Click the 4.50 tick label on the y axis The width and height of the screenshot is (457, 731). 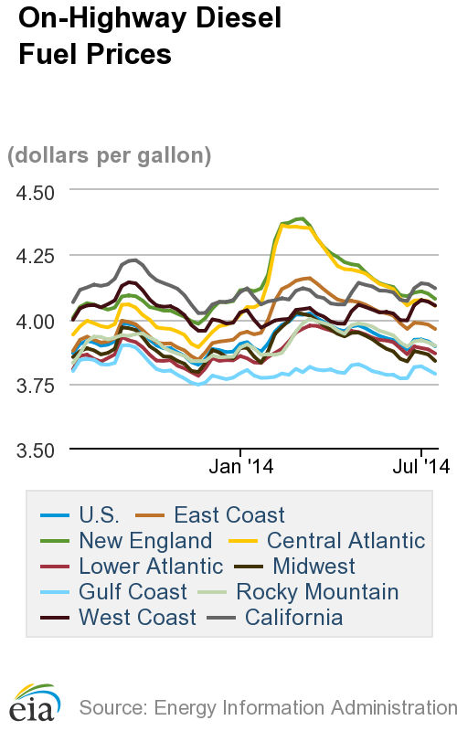click(x=33, y=192)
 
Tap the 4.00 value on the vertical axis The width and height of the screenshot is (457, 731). click(x=33, y=321)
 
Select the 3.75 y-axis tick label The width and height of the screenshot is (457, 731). click(x=33, y=386)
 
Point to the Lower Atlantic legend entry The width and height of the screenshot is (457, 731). click(x=138, y=567)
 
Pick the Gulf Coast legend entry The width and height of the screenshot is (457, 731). click(x=132, y=592)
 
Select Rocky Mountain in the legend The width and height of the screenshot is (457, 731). click(x=316, y=592)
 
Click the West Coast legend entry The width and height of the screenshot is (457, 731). click(x=137, y=618)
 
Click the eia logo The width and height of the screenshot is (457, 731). click(x=34, y=699)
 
